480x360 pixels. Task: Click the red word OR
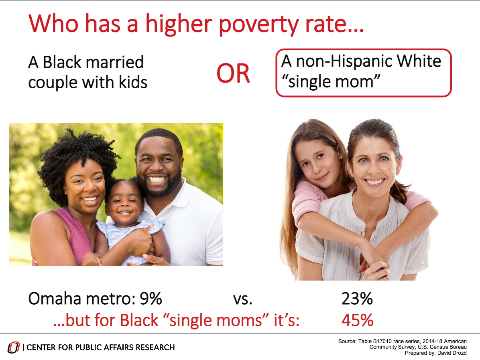(x=233, y=73)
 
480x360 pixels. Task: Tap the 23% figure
(x=357, y=299)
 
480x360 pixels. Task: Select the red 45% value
(x=357, y=320)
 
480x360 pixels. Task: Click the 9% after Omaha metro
(x=151, y=299)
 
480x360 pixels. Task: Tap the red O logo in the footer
(x=14, y=348)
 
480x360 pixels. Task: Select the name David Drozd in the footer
(x=452, y=353)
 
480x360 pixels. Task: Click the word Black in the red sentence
(x=139, y=320)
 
